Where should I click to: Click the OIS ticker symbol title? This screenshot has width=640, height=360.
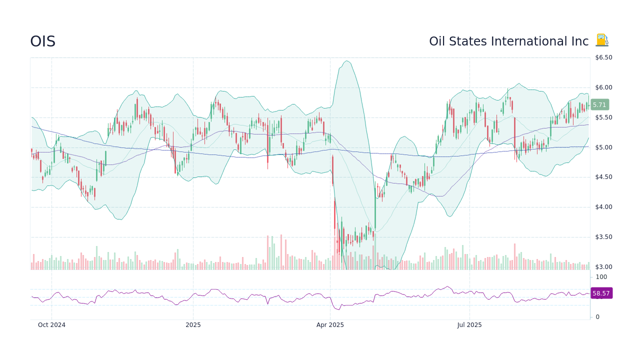point(42,41)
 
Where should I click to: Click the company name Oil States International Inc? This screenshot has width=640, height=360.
point(508,41)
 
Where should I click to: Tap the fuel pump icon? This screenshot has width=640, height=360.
point(602,40)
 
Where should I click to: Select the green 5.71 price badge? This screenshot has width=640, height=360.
point(599,105)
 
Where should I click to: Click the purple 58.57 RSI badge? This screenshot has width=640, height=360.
point(601,293)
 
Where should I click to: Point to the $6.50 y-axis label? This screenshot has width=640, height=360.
point(603,57)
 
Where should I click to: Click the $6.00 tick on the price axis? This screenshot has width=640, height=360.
point(603,87)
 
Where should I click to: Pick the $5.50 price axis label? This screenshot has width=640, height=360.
point(603,117)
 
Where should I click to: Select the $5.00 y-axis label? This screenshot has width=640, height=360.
point(603,147)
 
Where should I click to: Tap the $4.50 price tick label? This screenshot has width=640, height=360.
point(603,177)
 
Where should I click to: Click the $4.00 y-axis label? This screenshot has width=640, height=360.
point(603,207)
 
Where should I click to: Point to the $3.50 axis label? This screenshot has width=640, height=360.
point(603,237)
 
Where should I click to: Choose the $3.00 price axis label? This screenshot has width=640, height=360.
point(603,267)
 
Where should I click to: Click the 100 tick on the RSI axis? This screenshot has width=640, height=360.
point(601,277)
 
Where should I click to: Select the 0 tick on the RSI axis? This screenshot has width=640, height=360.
point(597,317)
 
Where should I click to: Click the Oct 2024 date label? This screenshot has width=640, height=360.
point(51,325)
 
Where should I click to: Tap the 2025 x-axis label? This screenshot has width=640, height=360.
point(193,325)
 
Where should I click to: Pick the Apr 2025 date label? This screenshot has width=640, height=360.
point(330,325)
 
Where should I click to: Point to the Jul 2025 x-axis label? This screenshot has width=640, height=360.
point(469,325)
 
